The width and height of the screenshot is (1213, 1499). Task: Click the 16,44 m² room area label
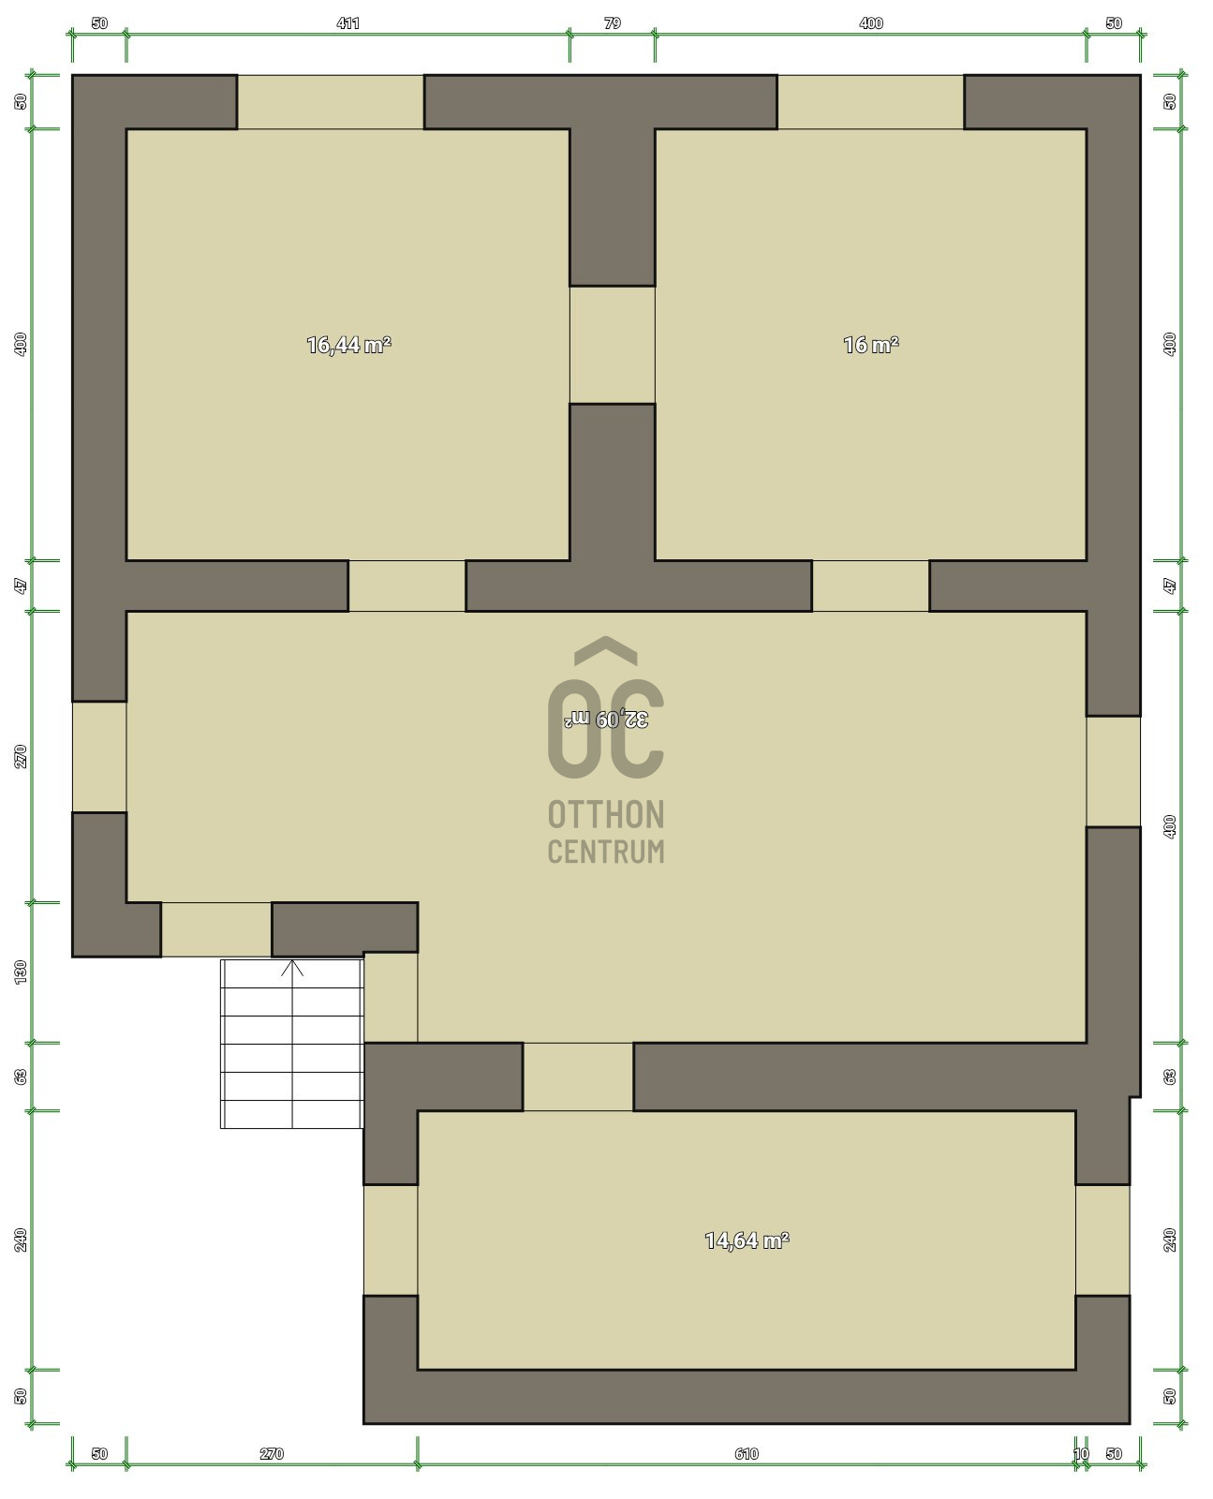click(x=348, y=345)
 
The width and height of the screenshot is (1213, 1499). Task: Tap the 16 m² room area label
click(x=870, y=345)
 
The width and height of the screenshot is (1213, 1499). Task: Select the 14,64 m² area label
click(x=747, y=1240)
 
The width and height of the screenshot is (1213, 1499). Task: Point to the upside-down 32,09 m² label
click(x=606, y=719)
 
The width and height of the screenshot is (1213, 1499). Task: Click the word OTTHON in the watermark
click(x=606, y=815)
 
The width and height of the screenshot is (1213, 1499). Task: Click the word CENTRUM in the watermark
click(x=606, y=851)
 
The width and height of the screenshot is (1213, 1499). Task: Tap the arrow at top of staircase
click(x=292, y=969)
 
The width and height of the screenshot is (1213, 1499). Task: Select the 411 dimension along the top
click(x=348, y=23)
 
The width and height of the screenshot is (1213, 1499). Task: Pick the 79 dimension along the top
click(x=612, y=23)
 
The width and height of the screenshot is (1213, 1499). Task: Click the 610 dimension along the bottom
click(x=747, y=1454)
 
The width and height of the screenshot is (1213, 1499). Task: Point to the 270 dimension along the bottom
click(x=272, y=1454)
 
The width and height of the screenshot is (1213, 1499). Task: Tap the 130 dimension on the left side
click(x=21, y=972)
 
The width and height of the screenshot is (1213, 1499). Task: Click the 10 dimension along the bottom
click(x=1081, y=1454)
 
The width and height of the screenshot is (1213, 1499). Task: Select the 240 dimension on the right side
click(x=1169, y=1239)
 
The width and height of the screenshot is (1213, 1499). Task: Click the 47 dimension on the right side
click(x=1169, y=586)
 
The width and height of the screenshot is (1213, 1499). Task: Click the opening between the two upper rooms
click(x=612, y=345)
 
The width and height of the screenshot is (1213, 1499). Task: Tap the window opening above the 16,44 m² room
click(x=330, y=102)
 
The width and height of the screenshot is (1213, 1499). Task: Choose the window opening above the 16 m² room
click(x=870, y=102)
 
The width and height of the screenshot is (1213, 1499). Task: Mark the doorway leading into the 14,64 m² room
click(x=578, y=1076)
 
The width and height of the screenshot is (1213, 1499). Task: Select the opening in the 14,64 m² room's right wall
click(x=1102, y=1239)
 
